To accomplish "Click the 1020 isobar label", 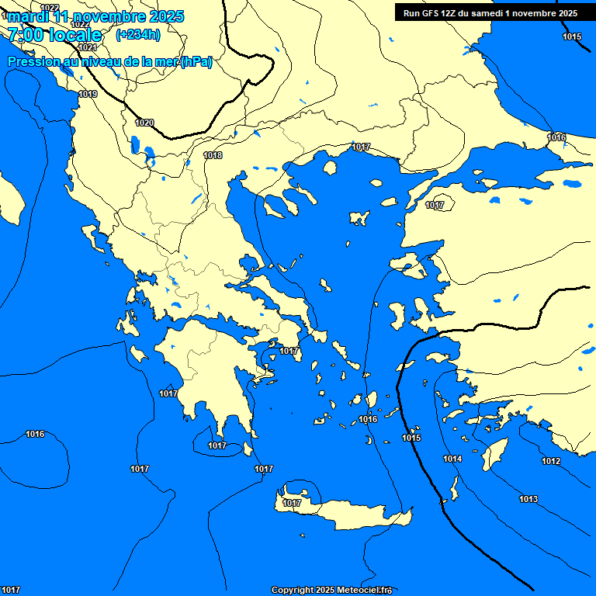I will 144,123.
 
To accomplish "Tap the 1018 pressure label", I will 213,155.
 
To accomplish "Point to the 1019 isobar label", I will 87,94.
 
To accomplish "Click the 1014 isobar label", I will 452,459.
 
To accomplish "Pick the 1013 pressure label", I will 528,499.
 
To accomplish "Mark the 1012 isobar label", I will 551,462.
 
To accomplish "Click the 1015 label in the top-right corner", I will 572,36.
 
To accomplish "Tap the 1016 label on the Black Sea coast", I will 556,137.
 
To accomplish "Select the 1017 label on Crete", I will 292,503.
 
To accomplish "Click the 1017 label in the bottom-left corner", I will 11,591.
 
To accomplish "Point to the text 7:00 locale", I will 54,35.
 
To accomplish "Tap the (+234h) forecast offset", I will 137,35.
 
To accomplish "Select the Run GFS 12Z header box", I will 490,13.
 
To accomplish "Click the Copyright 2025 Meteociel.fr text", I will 331,591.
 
